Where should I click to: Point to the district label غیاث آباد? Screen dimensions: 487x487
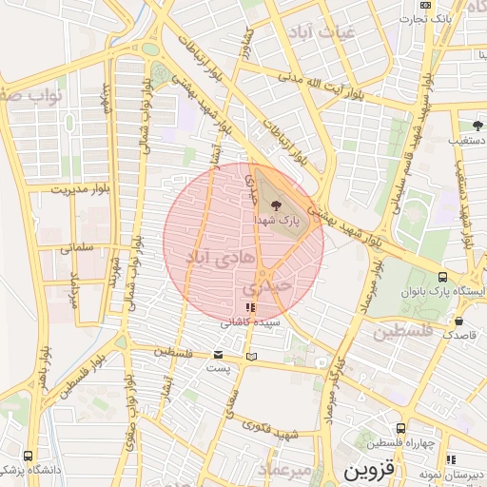[x=324, y=31]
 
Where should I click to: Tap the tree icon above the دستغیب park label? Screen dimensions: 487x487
[x=477, y=125]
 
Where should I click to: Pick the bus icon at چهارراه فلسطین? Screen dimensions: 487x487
[x=401, y=428]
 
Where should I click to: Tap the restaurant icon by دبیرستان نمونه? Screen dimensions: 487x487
[x=450, y=459]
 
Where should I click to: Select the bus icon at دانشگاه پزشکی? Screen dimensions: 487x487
[x=28, y=456]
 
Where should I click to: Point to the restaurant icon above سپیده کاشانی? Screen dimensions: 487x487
[x=250, y=307]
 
